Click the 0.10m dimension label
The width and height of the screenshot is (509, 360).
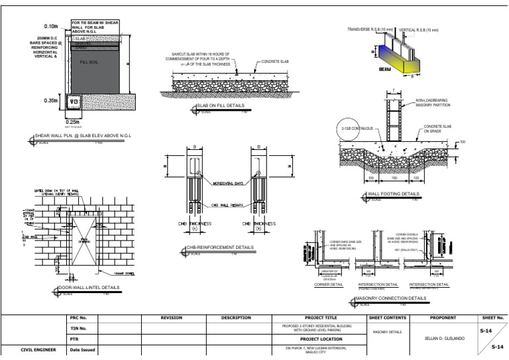(x=51, y=26)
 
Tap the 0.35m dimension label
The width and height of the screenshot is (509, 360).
(x=52, y=101)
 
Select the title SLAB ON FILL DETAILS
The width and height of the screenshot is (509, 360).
(x=220, y=105)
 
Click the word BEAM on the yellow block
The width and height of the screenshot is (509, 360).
(x=367, y=68)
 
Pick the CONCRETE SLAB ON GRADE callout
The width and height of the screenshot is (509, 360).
(x=437, y=128)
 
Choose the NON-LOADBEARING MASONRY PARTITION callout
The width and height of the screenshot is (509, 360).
(x=433, y=103)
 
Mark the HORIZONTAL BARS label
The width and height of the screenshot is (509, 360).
(x=227, y=182)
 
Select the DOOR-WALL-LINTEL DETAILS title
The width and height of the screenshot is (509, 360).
(x=89, y=288)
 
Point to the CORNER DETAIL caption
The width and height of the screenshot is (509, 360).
(x=328, y=284)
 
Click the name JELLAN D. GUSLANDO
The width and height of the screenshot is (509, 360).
(x=444, y=338)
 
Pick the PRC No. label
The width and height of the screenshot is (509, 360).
(x=79, y=318)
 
